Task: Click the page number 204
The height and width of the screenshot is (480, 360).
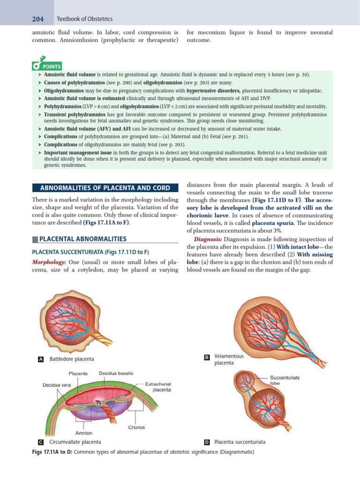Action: coord(37,19)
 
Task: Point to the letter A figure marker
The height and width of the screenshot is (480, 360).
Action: coord(40,359)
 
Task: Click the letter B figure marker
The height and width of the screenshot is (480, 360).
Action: coord(207,358)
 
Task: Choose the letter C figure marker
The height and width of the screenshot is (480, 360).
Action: coord(40,442)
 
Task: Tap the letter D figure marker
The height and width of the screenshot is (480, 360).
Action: coord(207,442)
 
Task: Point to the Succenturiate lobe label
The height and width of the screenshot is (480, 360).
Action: coord(285,380)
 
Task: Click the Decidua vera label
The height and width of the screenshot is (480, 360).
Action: coord(56,385)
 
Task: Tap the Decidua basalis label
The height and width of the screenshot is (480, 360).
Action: coord(116,374)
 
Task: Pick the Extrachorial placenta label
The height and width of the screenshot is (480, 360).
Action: coord(158,387)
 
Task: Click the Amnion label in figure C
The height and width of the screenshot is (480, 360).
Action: coord(84,433)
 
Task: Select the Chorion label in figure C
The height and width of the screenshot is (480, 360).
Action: coord(137,427)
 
